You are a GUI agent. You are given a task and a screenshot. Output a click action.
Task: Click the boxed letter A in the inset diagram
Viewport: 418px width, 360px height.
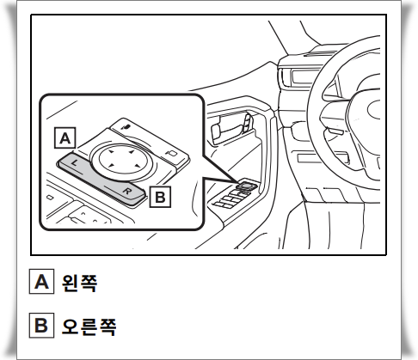click(x=65, y=136)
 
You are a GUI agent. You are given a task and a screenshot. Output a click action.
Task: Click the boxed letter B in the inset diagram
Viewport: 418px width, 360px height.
click(x=159, y=197)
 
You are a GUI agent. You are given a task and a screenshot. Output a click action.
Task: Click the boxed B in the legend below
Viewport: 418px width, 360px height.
click(x=41, y=326)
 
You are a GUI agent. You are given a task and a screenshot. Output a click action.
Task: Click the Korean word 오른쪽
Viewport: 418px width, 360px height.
click(x=89, y=326)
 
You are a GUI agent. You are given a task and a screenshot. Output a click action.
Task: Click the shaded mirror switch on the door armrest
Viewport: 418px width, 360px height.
click(x=246, y=183)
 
